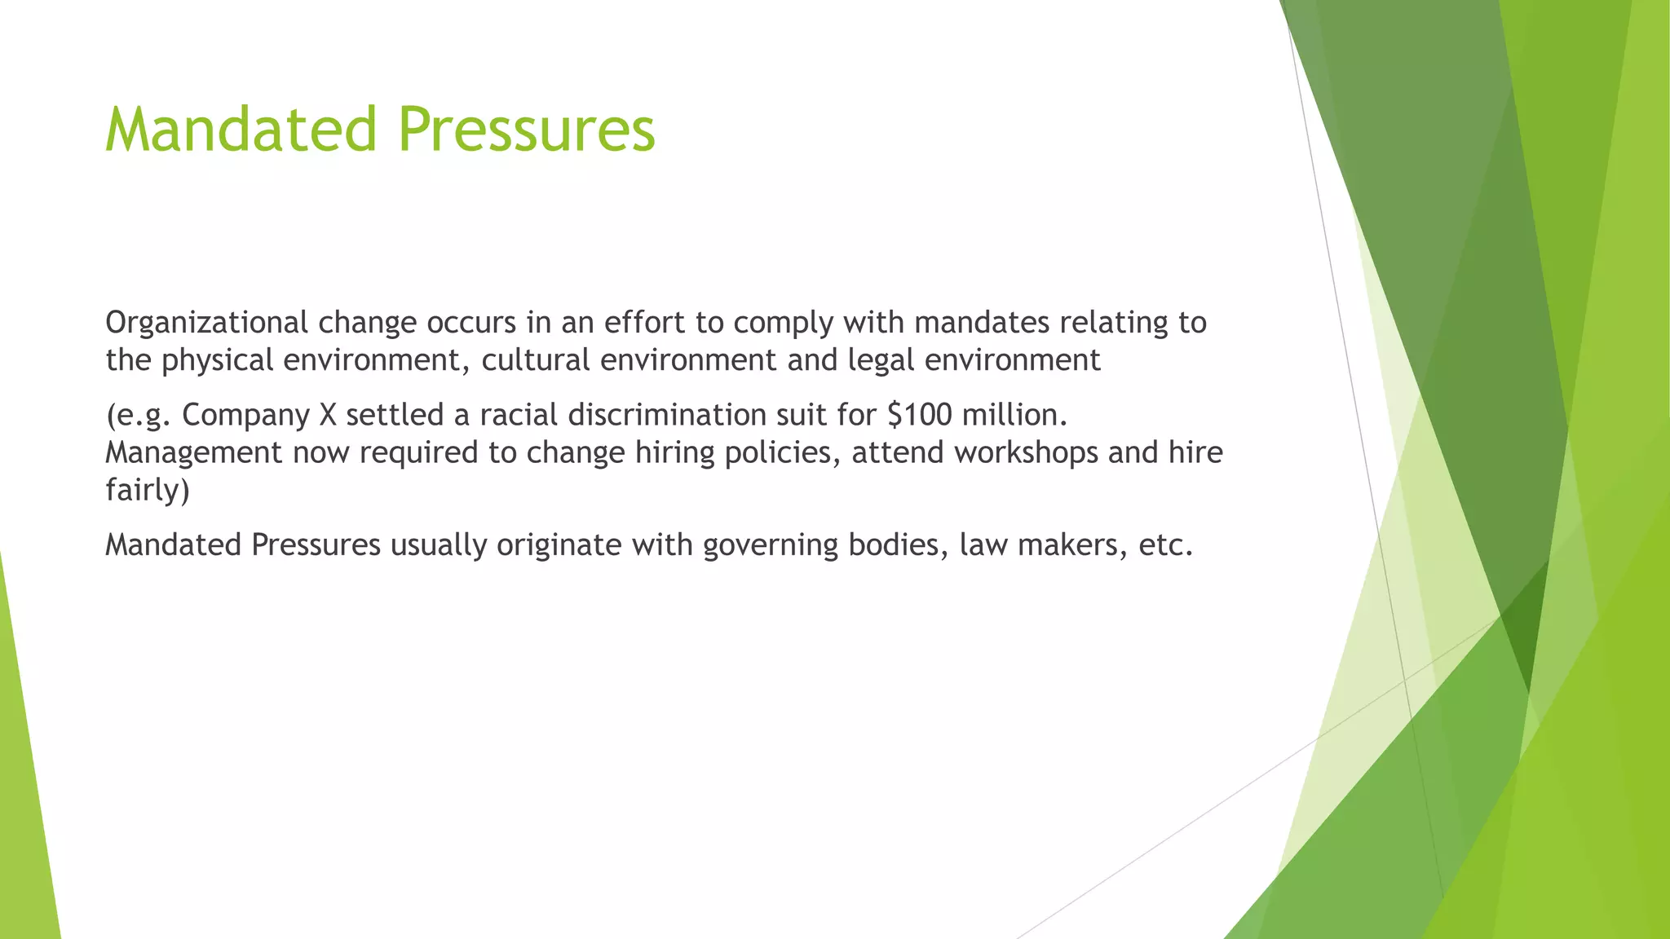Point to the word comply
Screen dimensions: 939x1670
[783, 324]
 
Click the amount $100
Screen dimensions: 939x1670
[921, 415]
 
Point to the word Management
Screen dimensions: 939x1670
[193, 453]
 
